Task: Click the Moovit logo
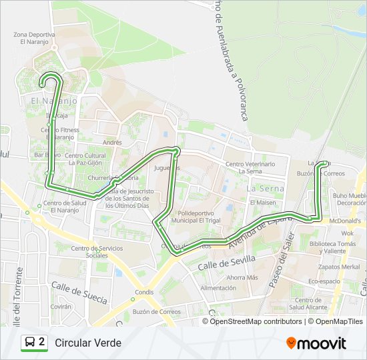[x=316, y=343]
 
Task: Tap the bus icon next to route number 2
[x=30, y=343]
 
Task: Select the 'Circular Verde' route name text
[x=88, y=343]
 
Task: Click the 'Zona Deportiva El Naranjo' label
[x=34, y=37]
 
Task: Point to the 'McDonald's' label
[x=346, y=221]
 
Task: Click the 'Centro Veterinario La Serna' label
[x=250, y=167]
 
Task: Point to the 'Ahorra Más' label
[x=242, y=277]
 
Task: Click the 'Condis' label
[x=143, y=292]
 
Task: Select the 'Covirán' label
[x=61, y=307]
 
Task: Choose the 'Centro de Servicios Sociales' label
[x=97, y=252]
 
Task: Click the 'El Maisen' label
[x=263, y=202]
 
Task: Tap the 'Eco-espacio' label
[x=324, y=281]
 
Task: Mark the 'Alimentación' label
[x=218, y=288]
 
